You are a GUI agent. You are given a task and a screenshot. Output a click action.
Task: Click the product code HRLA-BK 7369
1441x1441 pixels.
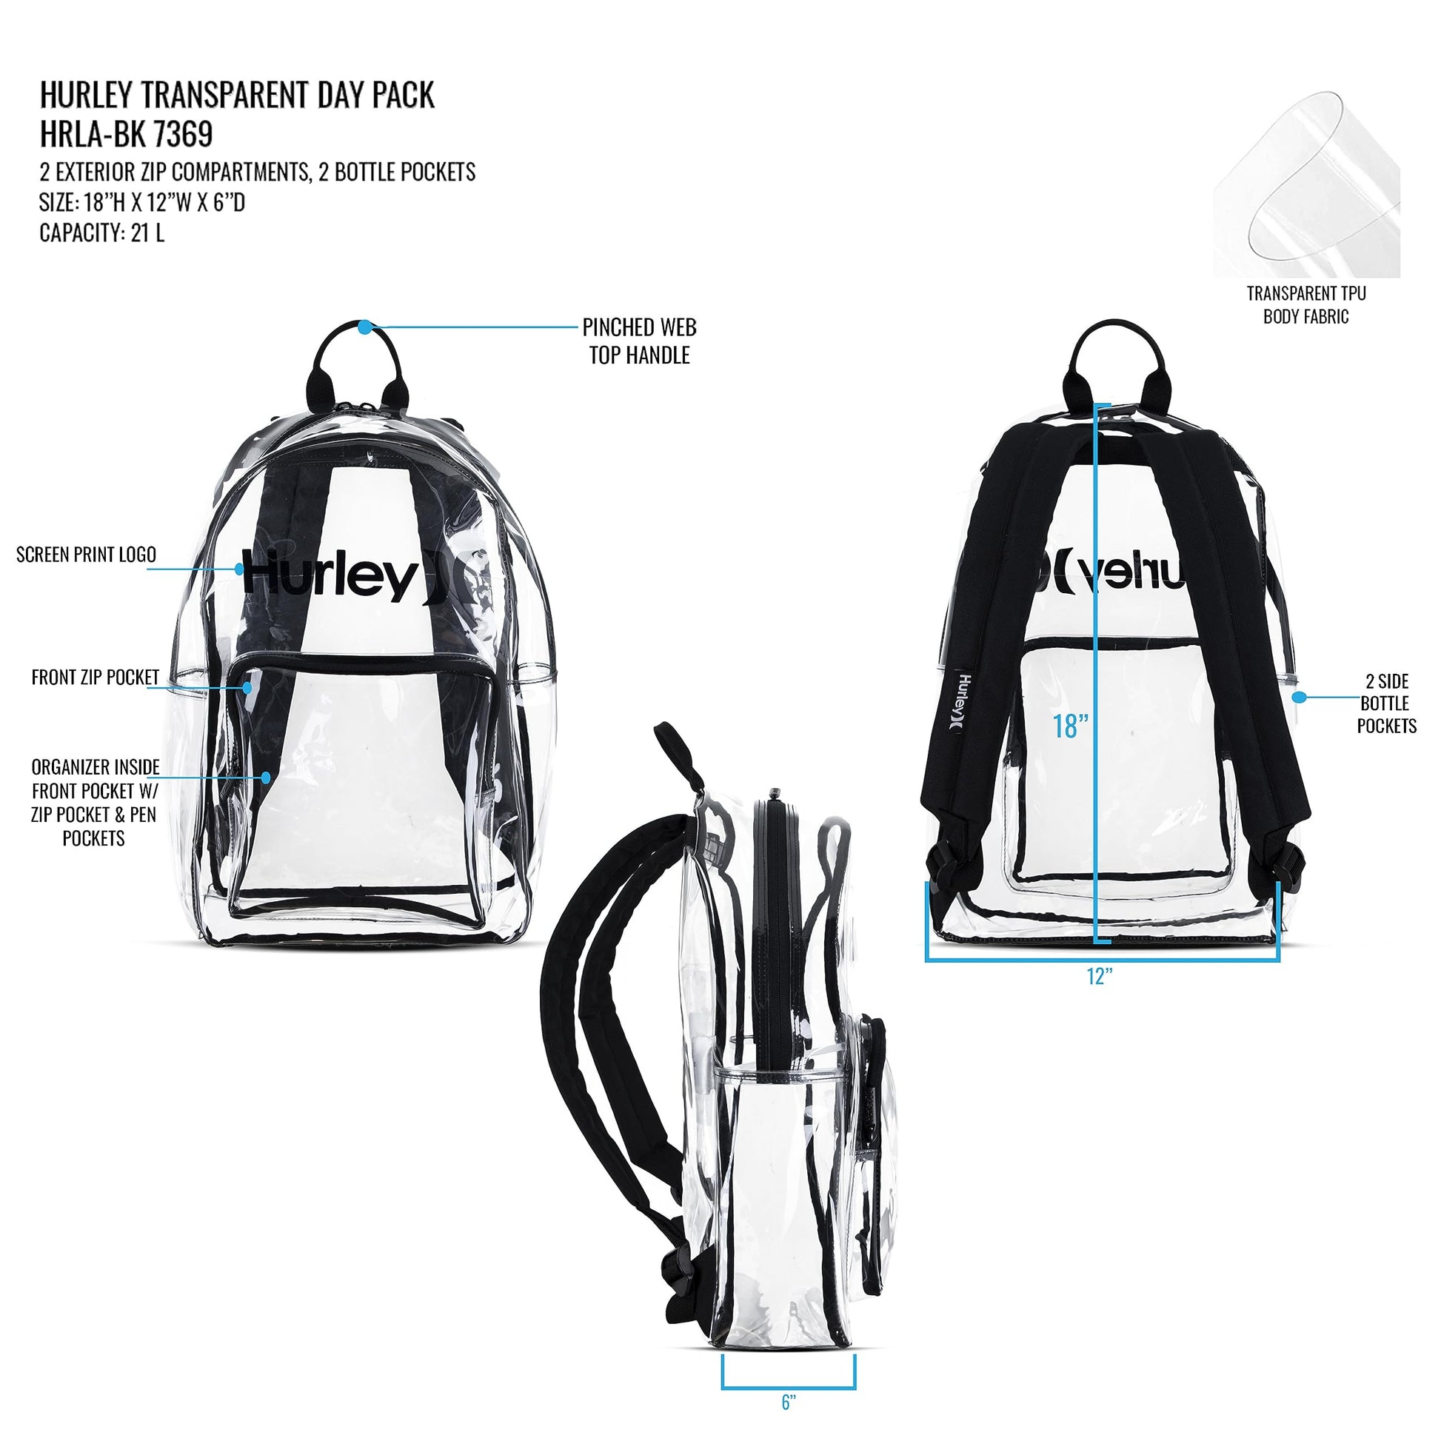(x=126, y=134)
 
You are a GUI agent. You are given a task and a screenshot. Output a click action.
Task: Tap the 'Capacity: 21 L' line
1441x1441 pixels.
(x=102, y=233)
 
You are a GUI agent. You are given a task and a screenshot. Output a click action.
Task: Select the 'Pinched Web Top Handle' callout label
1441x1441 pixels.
(x=639, y=341)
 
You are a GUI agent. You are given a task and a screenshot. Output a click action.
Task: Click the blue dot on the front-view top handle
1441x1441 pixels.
(x=364, y=327)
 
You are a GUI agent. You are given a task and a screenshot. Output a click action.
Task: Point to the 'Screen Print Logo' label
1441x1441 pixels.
(x=87, y=554)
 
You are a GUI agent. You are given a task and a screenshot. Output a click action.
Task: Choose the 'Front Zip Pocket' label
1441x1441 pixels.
(x=96, y=678)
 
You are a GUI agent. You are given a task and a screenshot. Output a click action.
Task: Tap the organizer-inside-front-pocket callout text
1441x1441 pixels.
(x=95, y=803)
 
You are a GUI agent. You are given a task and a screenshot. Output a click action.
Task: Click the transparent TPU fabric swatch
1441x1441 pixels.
(x=1306, y=184)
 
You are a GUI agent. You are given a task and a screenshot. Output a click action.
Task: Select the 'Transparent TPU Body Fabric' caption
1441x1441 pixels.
(x=1306, y=305)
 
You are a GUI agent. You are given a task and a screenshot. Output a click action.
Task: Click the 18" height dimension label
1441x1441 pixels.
(x=1070, y=726)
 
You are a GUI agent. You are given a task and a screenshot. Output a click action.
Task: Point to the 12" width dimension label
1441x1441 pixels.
(x=1100, y=976)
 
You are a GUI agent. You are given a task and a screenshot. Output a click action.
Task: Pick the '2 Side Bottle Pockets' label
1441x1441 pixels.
(x=1386, y=703)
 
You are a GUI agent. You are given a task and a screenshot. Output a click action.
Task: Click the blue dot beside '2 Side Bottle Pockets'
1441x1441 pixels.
(x=1299, y=698)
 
